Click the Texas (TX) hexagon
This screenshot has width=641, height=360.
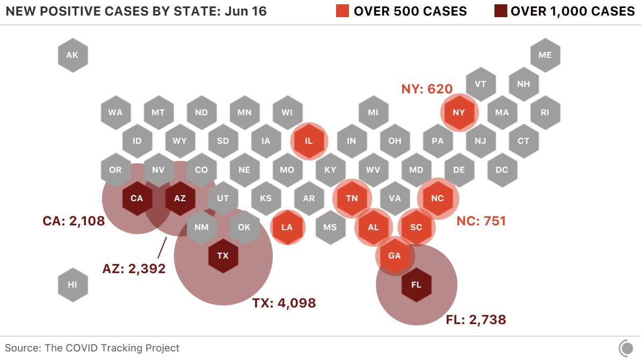coord(223,256)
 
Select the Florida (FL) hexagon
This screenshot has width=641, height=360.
coord(416,284)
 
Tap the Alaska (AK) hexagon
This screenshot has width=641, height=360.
coord(72,55)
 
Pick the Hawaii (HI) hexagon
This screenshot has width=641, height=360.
coord(72,284)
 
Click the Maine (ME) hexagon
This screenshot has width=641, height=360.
coord(545,55)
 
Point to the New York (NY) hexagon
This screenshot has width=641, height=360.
coord(459,113)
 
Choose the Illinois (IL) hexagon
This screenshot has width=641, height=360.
coord(309,141)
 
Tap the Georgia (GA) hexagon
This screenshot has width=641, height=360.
coord(395,256)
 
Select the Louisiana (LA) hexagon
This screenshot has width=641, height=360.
coord(287,227)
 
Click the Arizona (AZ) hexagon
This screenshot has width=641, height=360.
coord(180,199)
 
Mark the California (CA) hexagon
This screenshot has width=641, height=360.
coord(137,199)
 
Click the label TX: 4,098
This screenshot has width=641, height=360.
coord(284,303)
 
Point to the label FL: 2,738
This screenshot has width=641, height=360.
coord(476,320)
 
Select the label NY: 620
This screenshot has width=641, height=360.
coord(427,89)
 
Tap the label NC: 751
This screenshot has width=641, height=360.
coord(481,221)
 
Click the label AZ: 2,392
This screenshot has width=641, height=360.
coord(134,268)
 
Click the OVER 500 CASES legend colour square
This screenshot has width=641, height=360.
coord(343,11)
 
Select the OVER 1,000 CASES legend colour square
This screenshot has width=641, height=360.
coord(500,11)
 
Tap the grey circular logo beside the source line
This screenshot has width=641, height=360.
coord(626,347)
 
